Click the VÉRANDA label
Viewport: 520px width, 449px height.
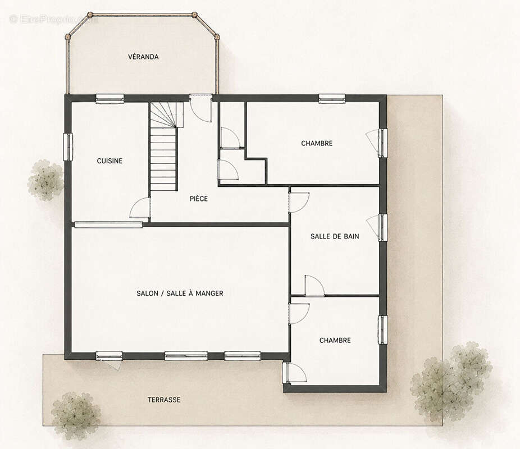click(x=143, y=57)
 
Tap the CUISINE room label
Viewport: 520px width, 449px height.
click(x=110, y=161)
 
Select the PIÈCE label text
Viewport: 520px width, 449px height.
click(x=199, y=199)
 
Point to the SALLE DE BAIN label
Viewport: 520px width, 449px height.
click(x=335, y=236)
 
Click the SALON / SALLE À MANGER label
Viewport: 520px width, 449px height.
click(x=180, y=294)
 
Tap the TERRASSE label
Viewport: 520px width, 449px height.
click(x=164, y=400)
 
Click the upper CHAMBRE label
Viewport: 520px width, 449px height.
click(x=317, y=143)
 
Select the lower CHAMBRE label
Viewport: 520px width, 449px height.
click(x=335, y=340)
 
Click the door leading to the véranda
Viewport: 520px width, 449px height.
click(x=201, y=108)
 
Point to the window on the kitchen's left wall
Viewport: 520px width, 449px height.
click(x=68, y=147)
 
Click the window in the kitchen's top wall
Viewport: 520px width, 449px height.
click(x=110, y=98)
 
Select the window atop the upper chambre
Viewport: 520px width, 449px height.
click(x=332, y=98)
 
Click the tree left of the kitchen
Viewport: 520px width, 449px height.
click(x=45, y=180)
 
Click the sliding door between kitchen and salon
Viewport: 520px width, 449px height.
click(x=108, y=224)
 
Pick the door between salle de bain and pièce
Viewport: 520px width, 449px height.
click(x=299, y=202)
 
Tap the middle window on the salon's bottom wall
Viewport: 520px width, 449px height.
click(x=186, y=356)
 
